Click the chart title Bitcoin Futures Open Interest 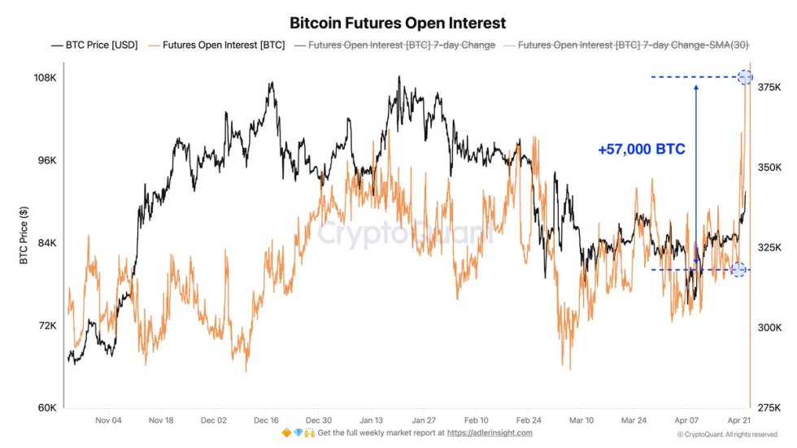(x=398, y=23)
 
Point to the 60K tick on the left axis (x=45, y=407)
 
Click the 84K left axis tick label (x=45, y=243)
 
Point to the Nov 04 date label (x=108, y=420)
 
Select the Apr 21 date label (x=739, y=420)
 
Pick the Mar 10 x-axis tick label (x=581, y=420)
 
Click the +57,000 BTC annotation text (x=641, y=150)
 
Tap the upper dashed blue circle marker (x=745, y=77)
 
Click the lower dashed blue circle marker (x=738, y=269)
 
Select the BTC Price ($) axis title (x=24, y=236)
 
